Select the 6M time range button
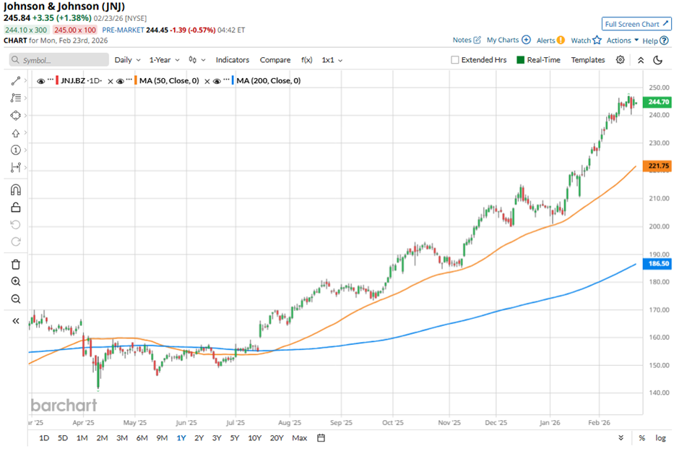142,437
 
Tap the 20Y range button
277,437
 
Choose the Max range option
299,437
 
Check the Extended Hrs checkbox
455,60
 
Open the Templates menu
588,60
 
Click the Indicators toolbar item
233,60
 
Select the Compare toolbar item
275,60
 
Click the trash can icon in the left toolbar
16,264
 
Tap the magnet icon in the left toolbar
16,190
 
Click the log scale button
660,437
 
